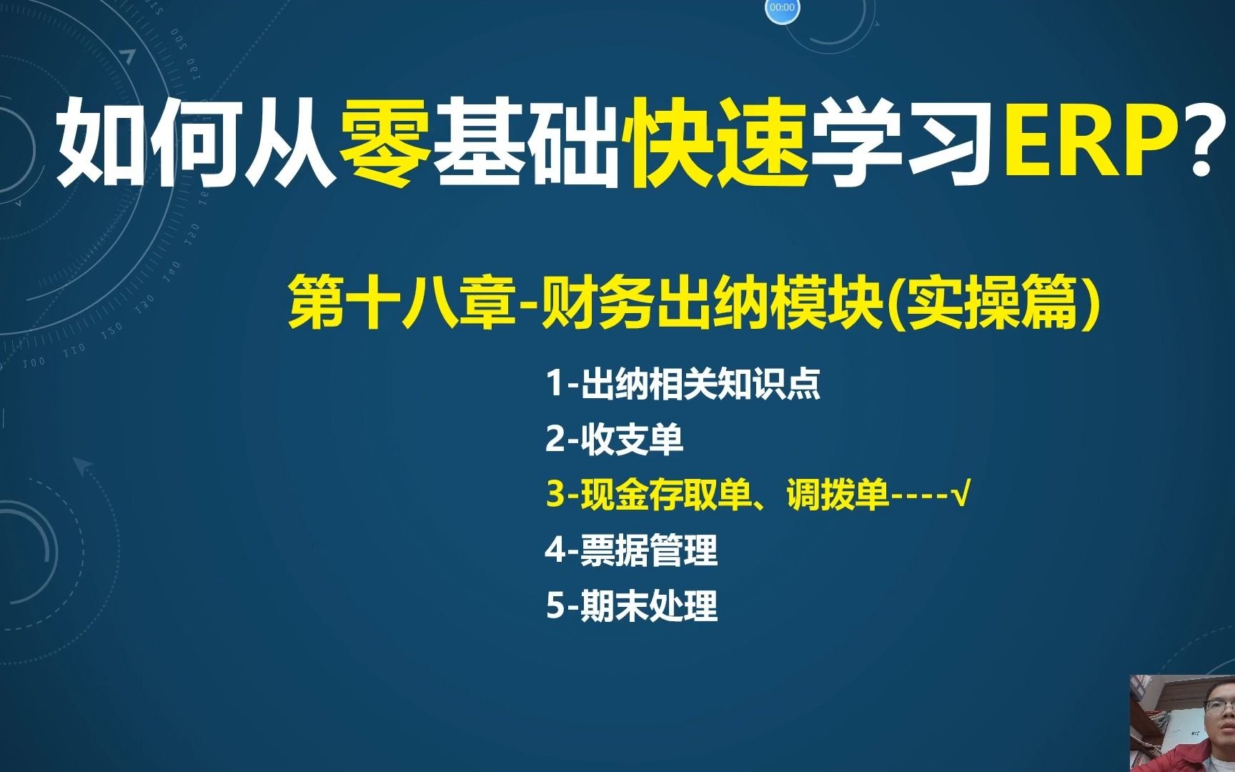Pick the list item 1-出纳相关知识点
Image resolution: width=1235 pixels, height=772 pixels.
[x=683, y=384]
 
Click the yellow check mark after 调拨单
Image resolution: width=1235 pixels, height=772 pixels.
[x=961, y=495]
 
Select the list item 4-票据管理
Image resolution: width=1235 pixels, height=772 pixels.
[x=632, y=550]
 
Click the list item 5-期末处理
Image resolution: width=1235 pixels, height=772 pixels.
[x=632, y=605]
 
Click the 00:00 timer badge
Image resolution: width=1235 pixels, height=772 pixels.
[x=782, y=8]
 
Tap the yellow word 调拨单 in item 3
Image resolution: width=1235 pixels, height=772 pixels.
[x=838, y=495]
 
